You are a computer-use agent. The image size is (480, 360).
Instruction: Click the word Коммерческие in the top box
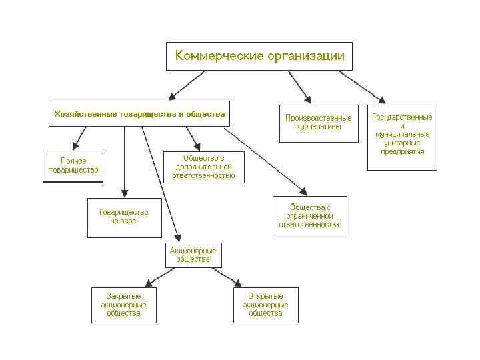click(210, 56)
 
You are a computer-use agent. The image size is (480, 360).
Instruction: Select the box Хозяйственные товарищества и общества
click(139, 114)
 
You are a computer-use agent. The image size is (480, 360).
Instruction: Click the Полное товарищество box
click(73, 165)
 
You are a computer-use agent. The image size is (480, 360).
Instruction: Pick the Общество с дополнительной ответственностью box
click(203, 167)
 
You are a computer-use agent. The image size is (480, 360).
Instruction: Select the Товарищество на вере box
click(124, 217)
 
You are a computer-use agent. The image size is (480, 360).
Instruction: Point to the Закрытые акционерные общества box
click(123, 305)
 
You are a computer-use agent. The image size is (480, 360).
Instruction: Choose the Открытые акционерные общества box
click(265, 305)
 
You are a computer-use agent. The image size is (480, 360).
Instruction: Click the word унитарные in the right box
click(402, 143)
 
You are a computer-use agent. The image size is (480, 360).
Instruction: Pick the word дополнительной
click(203, 167)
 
